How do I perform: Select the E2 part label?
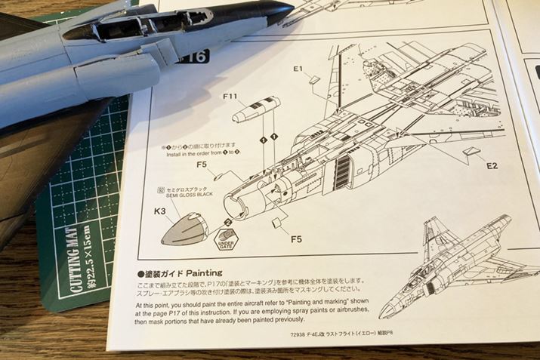[x=492, y=165]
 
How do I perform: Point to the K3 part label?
[x=160, y=212]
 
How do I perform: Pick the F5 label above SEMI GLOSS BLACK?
[x=202, y=165]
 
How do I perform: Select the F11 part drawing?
[x=255, y=110]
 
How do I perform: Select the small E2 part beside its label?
[x=473, y=152]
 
